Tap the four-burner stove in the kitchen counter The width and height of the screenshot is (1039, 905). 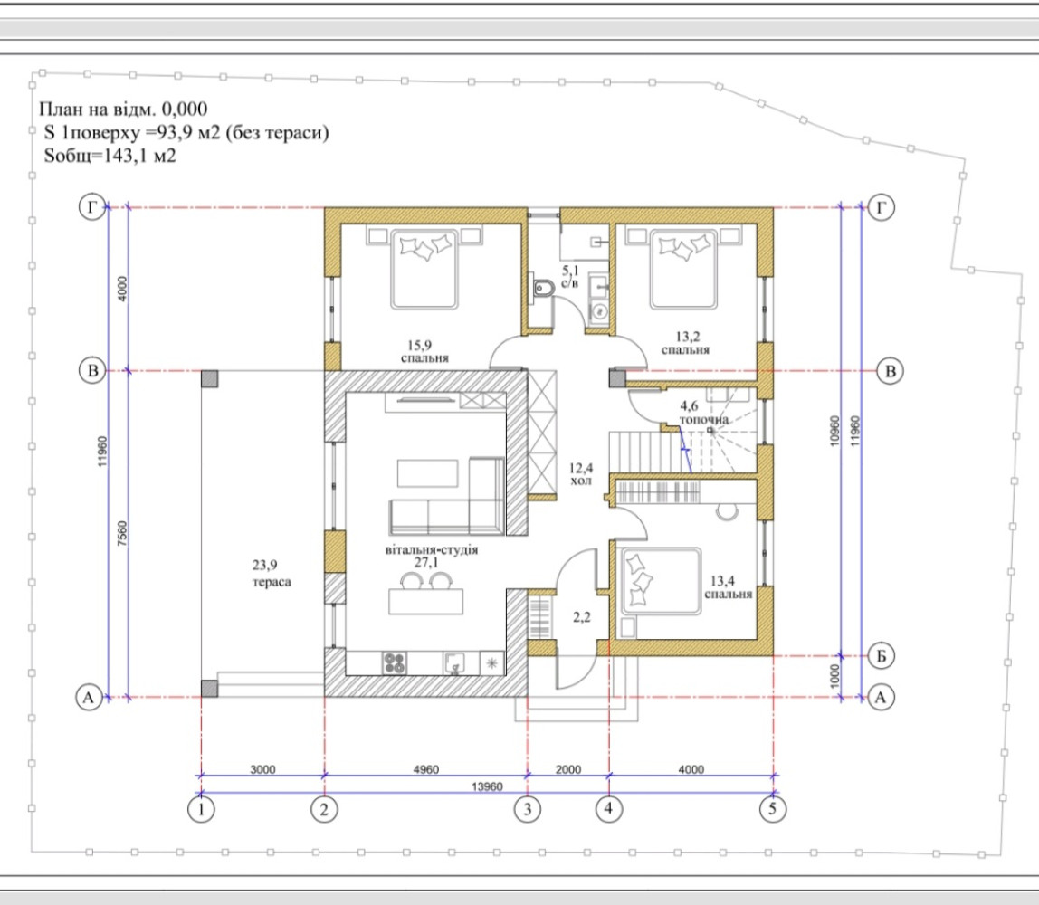pyautogui.click(x=395, y=663)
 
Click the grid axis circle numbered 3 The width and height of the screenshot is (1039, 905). pyautogui.click(x=527, y=809)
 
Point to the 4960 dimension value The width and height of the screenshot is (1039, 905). pyautogui.click(x=425, y=769)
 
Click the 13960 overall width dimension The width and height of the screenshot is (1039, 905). pyautogui.click(x=487, y=786)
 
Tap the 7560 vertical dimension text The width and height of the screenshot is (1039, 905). pyautogui.click(x=122, y=534)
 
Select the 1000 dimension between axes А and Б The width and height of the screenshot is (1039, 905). pyautogui.click(x=834, y=676)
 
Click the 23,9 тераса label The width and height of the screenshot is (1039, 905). pyautogui.click(x=271, y=573)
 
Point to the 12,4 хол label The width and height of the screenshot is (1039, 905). pyautogui.click(x=580, y=474)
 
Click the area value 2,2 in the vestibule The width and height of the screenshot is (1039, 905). pyautogui.click(x=581, y=617)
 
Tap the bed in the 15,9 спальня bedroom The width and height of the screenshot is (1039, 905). pyautogui.click(x=424, y=269)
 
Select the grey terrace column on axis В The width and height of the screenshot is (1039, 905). pyautogui.click(x=209, y=378)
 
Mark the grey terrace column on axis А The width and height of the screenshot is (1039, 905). pyautogui.click(x=209, y=689)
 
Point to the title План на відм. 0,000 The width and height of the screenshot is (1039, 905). pyautogui.click(x=123, y=109)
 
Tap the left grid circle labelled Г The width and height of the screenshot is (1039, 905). pyautogui.click(x=92, y=208)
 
